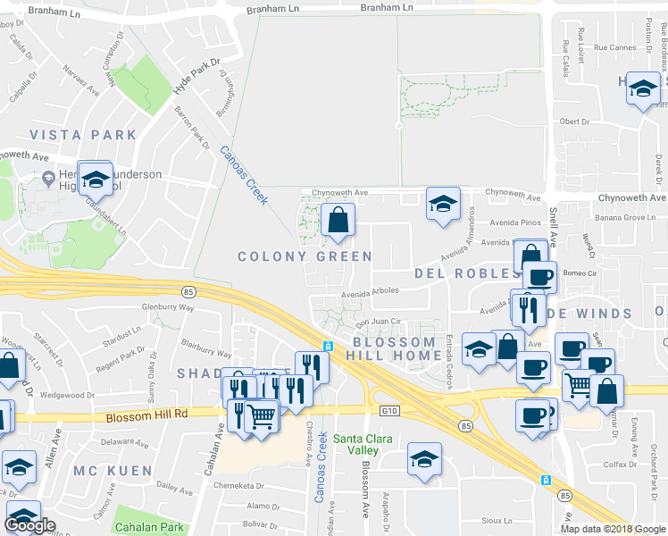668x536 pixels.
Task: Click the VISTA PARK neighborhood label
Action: click(x=83, y=135)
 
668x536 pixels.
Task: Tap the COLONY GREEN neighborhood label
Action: click(x=305, y=256)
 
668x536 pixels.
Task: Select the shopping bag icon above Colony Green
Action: click(x=338, y=220)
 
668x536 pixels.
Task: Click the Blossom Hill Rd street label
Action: click(x=146, y=415)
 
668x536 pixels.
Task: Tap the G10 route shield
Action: click(x=387, y=411)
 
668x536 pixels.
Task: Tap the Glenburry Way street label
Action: click(x=168, y=306)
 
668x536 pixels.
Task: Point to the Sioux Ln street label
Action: click(x=520, y=519)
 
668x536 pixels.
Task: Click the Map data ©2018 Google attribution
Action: click(x=612, y=529)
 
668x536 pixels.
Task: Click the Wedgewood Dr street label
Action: click(x=67, y=394)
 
